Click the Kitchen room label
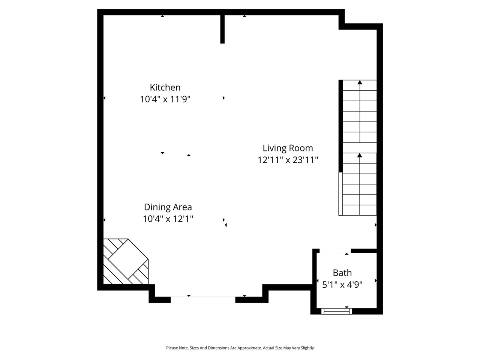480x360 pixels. (165, 87)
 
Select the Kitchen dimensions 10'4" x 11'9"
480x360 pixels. (165, 99)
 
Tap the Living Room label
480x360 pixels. (288, 148)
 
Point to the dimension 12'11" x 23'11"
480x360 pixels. (288, 160)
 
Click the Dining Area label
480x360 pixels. (168, 207)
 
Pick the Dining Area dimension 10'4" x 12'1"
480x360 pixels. (168, 219)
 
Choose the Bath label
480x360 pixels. (342, 273)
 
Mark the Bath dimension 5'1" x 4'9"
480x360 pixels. (342, 285)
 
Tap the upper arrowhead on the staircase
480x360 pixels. (360, 82)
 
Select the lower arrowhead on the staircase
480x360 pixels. (360, 155)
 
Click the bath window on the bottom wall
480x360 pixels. (337, 311)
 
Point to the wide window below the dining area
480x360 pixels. (203, 300)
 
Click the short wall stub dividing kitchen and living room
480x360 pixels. (222, 29)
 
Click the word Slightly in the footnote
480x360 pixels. (307, 348)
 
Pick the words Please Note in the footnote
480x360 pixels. (177, 348)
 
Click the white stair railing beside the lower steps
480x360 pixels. (340, 193)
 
